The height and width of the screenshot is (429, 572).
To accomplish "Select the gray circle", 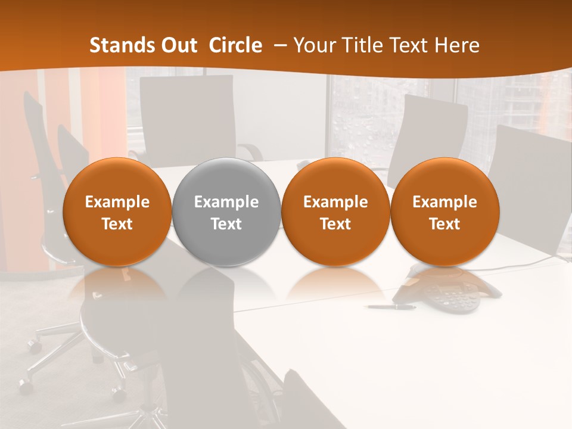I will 226,212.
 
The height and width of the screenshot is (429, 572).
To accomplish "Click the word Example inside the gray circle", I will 226,202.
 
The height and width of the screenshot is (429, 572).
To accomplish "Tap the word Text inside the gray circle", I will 226,224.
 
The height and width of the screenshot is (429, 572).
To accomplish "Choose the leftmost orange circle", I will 117,212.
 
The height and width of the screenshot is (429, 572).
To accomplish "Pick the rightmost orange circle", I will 445,212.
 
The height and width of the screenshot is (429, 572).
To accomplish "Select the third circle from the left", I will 335,212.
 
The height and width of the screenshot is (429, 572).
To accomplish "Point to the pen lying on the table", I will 391,307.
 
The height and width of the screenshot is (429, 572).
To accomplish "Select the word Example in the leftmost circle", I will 117,202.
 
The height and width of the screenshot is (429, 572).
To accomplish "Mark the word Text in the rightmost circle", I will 445,224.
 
